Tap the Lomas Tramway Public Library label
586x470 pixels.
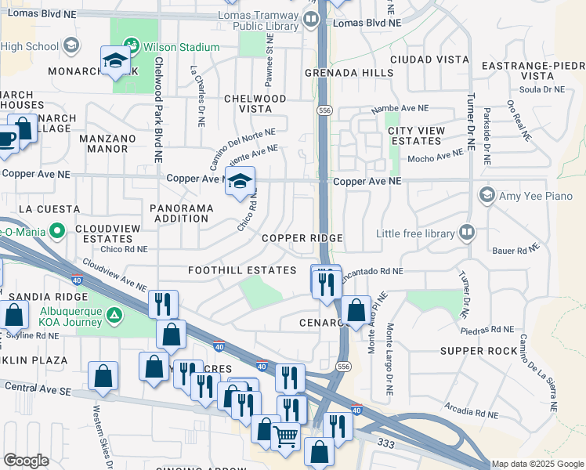pos(269,20)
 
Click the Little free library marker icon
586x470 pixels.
pos(467,232)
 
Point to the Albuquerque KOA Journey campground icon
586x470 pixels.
pos(115,316)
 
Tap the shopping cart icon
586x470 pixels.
pos(286,436)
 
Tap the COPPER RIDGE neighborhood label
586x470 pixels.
pos(302,238)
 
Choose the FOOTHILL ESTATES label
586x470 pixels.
pos(231,270)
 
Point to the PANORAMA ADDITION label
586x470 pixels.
pos(182,213)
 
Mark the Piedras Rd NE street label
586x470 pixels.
pos(487,330)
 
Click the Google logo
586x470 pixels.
pos(26,461)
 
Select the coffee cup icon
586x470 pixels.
pos(6,140)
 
